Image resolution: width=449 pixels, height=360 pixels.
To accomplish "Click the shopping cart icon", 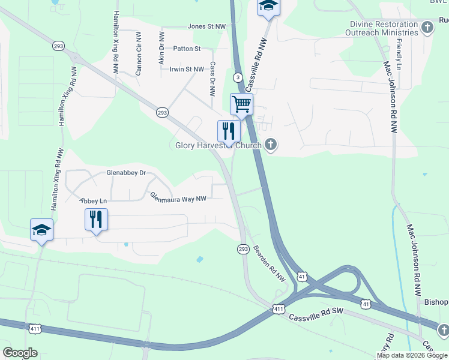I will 241,104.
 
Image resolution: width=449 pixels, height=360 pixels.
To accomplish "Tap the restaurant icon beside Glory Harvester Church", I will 229,131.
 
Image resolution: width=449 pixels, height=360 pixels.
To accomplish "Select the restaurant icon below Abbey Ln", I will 96,220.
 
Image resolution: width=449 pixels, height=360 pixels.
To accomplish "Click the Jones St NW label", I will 206,26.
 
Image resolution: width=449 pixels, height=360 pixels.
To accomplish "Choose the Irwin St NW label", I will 187,70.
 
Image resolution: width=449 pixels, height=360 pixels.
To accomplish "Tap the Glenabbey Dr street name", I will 126,173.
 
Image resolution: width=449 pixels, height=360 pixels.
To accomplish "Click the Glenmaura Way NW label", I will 178,197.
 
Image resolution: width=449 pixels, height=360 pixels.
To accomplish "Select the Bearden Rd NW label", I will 269,264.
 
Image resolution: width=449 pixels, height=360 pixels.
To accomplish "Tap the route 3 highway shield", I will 238,77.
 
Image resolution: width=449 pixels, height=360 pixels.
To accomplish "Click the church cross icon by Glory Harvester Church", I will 271,145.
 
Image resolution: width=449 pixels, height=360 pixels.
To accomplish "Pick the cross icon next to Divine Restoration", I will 427,28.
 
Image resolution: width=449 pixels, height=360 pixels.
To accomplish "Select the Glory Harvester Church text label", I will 218,145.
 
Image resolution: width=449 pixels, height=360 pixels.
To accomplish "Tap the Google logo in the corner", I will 20,353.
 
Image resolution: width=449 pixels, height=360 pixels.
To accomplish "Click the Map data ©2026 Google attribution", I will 412,355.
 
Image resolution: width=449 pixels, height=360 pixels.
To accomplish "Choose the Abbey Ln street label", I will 93,200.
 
